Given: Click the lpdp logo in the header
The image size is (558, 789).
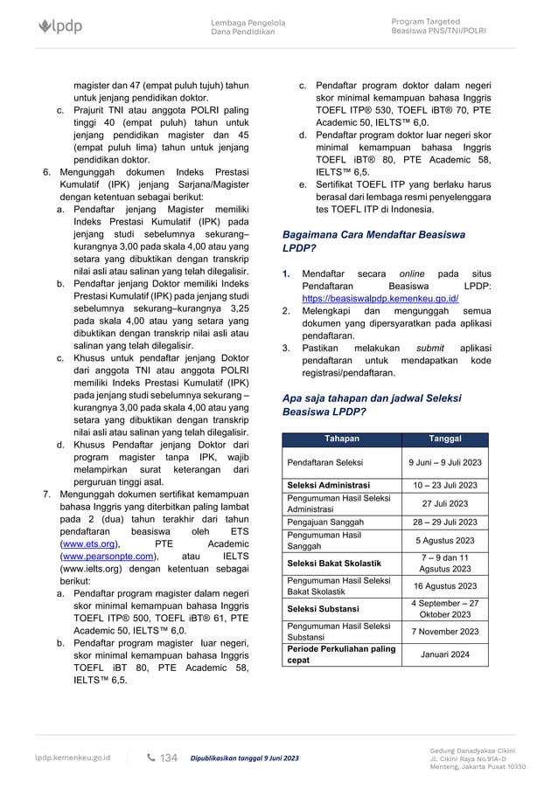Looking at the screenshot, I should pos(61,27).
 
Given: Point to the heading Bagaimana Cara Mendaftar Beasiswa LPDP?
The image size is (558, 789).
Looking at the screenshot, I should pos(370,242).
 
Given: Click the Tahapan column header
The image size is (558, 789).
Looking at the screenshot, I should pos(342,439).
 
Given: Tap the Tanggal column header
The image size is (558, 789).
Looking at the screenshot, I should pos(446,439).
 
